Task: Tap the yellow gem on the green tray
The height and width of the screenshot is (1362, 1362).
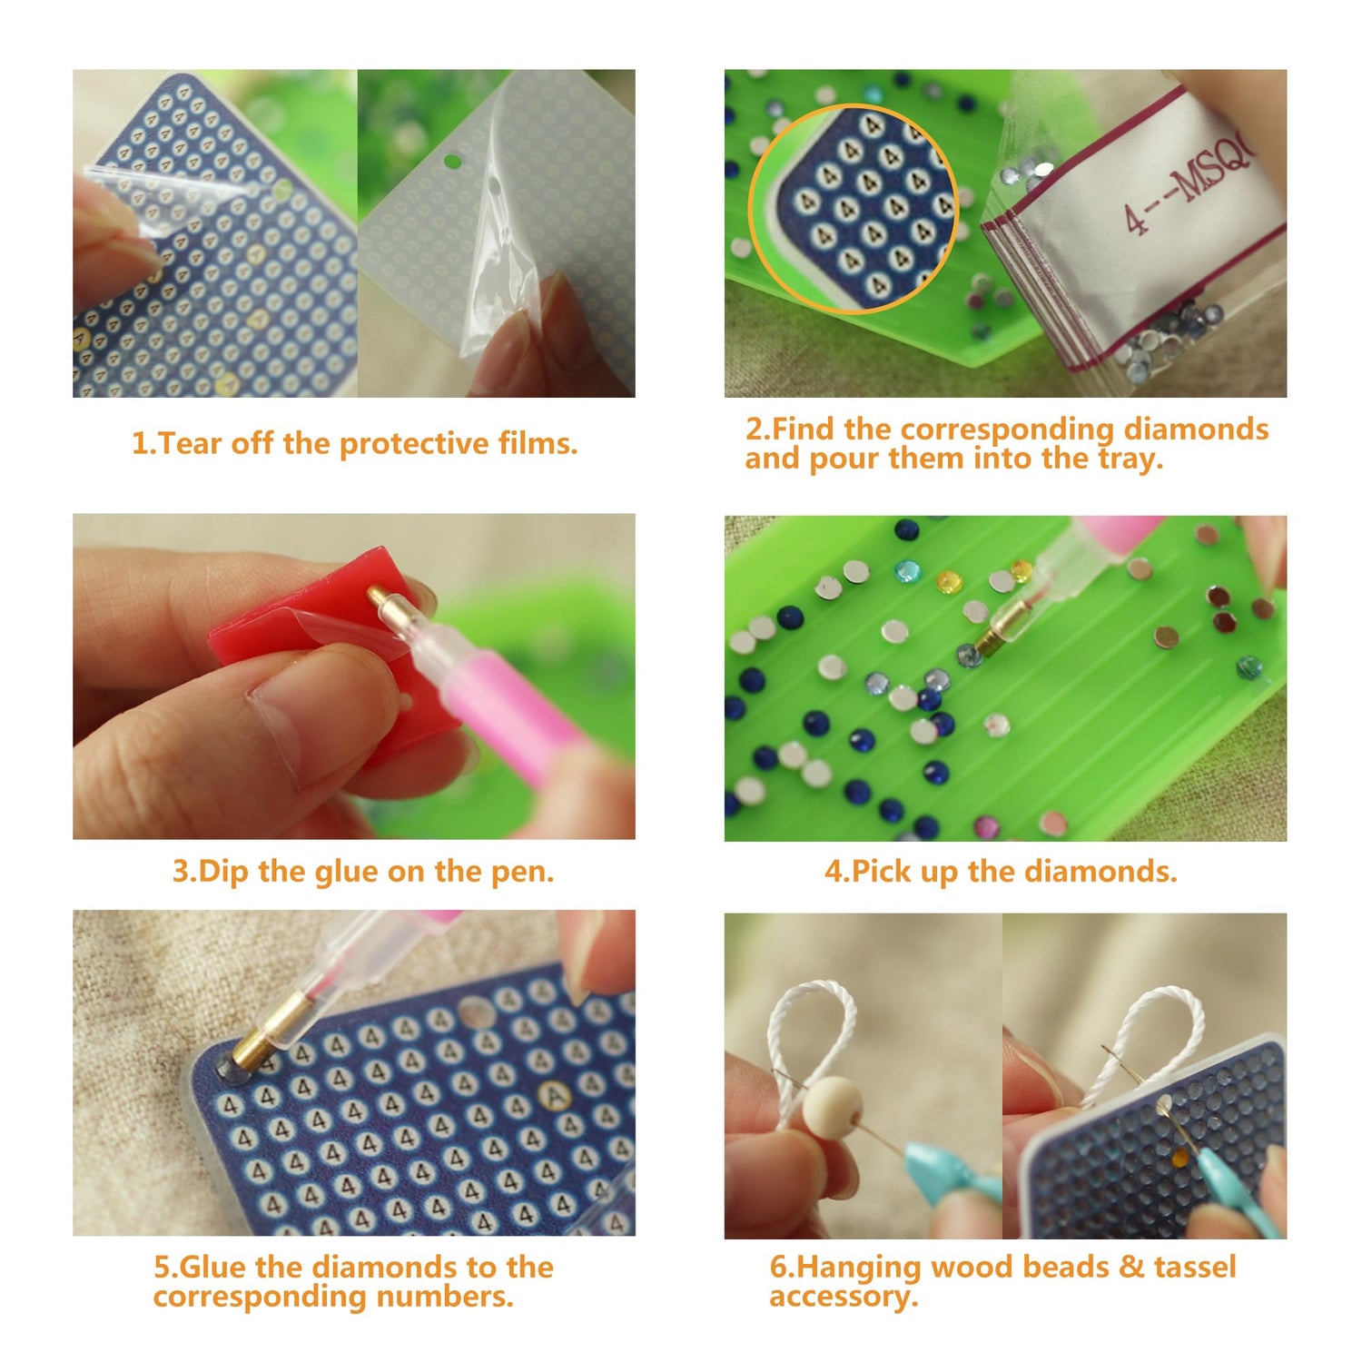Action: coord(948,578)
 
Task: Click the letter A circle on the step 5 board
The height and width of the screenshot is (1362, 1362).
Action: coord(549,1094)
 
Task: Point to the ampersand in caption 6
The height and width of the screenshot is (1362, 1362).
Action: coord(1130,1267)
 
